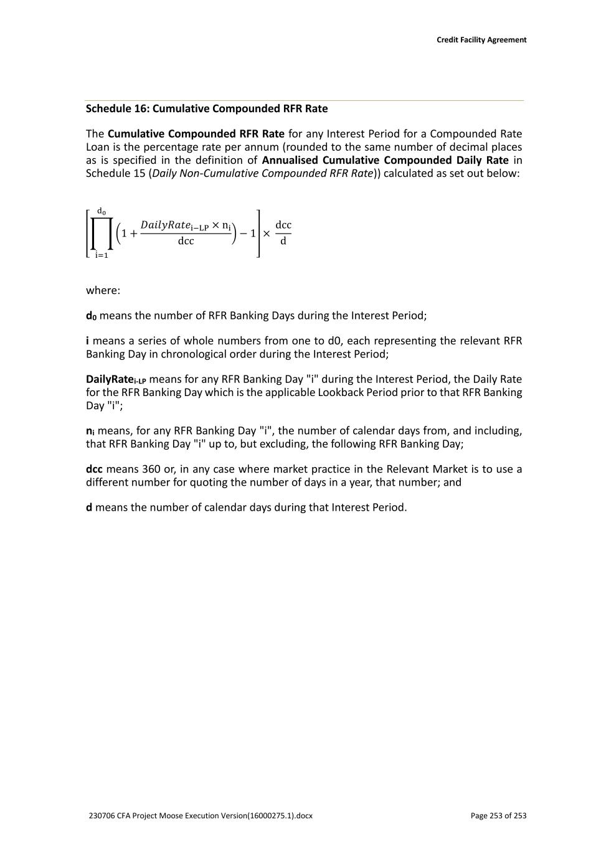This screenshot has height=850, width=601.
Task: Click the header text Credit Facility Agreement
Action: pos(481,40)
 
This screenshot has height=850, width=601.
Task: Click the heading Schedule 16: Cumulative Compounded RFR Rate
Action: pos(207,108)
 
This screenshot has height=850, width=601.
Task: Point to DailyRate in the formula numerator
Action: pos(164,224)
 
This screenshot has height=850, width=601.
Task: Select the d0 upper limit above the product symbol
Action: pos(101,212)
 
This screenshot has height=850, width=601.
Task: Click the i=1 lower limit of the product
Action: pos(101,255)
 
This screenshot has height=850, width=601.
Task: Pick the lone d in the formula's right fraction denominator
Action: pos(283,241)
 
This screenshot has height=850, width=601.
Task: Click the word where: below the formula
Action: pos(103,290)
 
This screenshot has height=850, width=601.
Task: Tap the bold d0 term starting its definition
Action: pos(91,316)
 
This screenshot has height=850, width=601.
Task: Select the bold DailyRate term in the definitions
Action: pos(110,379)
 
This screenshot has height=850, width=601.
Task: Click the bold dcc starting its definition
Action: pos(94,469)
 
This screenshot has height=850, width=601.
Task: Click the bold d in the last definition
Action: pos(89,508)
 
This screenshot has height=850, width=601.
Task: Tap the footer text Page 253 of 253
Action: pos(498,816)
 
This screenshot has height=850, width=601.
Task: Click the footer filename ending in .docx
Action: pos(201,816)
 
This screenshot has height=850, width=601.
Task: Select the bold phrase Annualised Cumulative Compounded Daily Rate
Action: pos(386,160)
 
